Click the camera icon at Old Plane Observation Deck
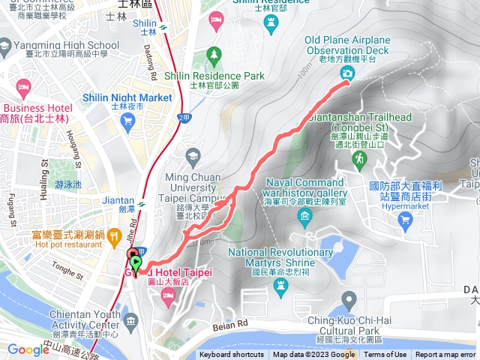[x=347, y=72]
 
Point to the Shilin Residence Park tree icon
[x=215, y=55]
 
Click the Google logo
[x=28, y=349]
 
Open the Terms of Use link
[x=385, y=355]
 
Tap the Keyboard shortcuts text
[x=232, y=355]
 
